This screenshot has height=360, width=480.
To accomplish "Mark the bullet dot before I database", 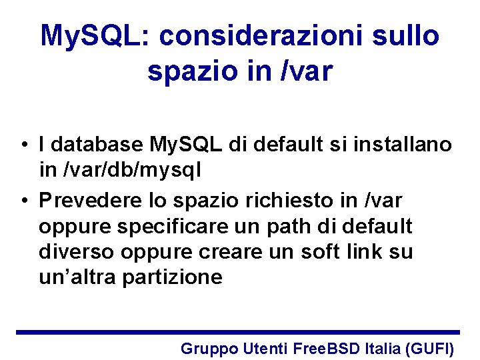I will point(23,145).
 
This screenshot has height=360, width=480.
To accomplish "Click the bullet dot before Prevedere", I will point(23,200).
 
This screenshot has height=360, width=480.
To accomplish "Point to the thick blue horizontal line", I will point(237,331).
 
